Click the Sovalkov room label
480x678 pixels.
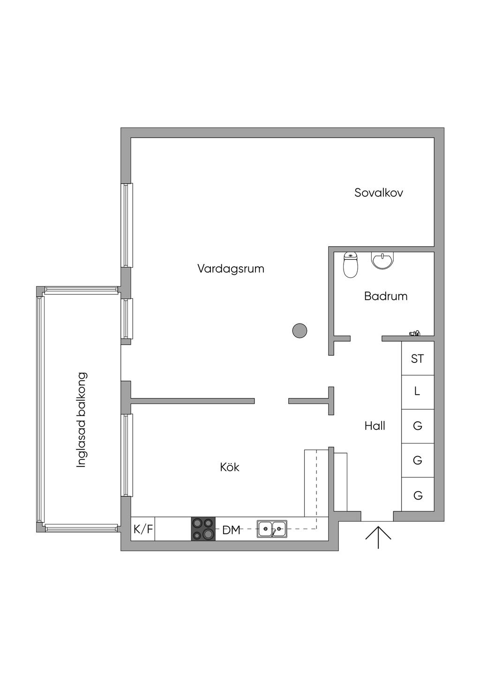pos(379,192)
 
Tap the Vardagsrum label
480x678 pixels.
pos(231,269)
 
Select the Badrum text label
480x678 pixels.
pos(386,296)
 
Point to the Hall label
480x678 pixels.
pos(375,426)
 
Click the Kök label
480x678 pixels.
pos(230,467)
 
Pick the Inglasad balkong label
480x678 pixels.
pos(82,420)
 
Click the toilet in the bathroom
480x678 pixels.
pos(350,265)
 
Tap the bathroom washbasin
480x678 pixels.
pos(383,260)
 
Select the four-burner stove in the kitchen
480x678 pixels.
pos(203,529)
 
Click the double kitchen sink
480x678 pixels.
pos(272,529)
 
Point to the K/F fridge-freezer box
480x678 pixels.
pos(143,530)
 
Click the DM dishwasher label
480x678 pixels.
pos(231,530)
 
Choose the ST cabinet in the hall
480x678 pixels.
pos(418,359)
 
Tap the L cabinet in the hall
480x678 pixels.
pos(418,391)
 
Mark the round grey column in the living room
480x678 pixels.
pos(300,331)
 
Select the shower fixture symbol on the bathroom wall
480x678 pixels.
pos(414,333)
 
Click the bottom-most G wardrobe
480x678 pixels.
pos(418,494)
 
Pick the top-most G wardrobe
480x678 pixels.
pos(418,426)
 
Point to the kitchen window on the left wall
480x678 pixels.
pos(127,455)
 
